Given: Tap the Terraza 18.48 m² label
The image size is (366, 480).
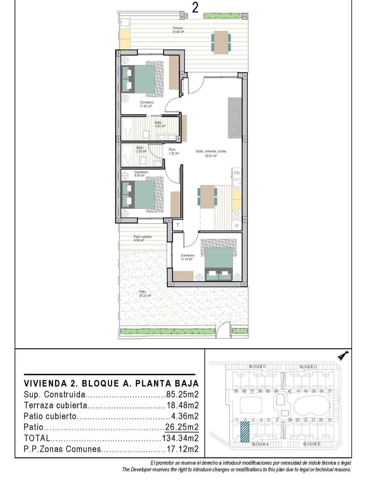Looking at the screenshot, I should [x=178, y=30].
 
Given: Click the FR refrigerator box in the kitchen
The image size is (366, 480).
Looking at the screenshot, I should [x=236, y=173].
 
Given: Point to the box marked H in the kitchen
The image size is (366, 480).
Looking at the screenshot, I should [x=236, y=226].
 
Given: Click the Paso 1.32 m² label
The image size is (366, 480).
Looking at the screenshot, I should [x=173, y=151].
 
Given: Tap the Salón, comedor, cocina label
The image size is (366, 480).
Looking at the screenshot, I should [x=211, y=153].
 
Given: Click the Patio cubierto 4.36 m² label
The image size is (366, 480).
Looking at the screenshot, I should [x=142, y=238].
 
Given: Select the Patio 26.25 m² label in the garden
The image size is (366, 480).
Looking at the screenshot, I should [x=145, y=294].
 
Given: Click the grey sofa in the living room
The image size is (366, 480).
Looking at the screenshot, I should [x=235, y=117].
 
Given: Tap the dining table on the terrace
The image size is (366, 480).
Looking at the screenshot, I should [x=221, y=42].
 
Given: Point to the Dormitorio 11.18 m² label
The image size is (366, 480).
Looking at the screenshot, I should [x=187, y=257].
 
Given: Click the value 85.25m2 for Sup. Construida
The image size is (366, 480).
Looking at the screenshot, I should [x=182, y=395].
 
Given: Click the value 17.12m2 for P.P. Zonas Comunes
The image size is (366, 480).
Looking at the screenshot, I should [x=182, y=449].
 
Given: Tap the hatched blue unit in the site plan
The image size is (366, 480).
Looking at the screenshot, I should [x=245, y=431].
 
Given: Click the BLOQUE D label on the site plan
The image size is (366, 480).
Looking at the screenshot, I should [x=258, y=366].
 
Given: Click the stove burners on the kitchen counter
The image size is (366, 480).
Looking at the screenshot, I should [x=236, y=215].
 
